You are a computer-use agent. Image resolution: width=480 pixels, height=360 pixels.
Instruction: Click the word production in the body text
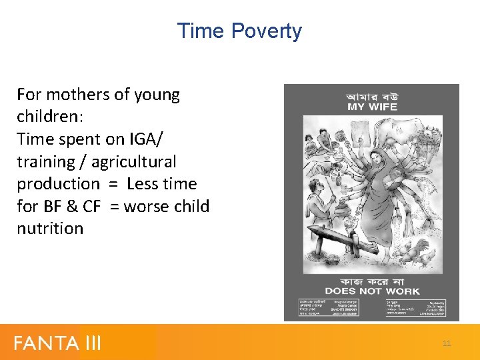(x=58, y=184)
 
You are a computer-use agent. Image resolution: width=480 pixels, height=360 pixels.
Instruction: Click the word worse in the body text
(x=147, y=206)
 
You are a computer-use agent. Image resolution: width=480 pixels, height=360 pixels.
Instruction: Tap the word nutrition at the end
(x=50, y=229)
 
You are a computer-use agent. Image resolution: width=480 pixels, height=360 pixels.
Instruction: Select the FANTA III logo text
(x=57, y=343)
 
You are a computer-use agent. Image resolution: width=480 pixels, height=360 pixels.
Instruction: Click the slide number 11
(x=447, y=343)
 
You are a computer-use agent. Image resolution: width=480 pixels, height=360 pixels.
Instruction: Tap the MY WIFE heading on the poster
(x=371, y=107)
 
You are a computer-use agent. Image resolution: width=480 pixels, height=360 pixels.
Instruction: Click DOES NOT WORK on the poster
(x=371, y=291)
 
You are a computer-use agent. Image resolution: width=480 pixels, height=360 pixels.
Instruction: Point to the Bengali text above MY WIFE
(x=371, y=96)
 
